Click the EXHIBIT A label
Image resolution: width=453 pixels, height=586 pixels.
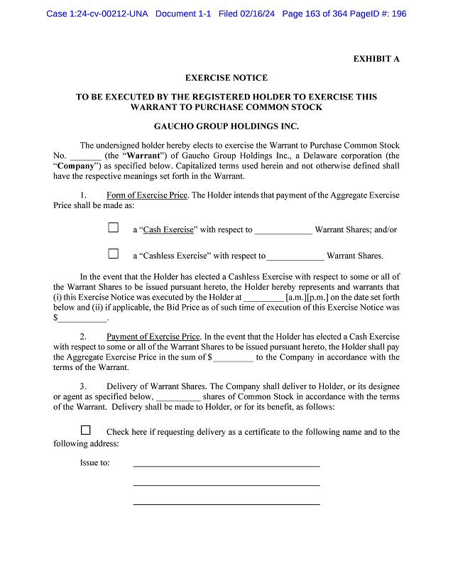(376, 59)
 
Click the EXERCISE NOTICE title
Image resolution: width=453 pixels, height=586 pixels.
(226, 78)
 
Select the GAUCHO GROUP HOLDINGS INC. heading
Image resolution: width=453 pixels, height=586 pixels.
(226, 126)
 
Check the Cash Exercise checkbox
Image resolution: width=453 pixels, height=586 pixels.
(114, 228)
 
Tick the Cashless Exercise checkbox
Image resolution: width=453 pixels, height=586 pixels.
(114, 254)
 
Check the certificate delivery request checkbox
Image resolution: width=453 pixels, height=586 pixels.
(86, 430)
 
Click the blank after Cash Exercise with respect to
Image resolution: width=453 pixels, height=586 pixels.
(283, 230)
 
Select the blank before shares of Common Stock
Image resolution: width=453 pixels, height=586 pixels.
(178, 397)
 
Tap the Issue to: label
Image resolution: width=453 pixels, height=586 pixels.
(94, 463)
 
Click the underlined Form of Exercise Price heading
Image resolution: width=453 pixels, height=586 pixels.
(146, 195)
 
